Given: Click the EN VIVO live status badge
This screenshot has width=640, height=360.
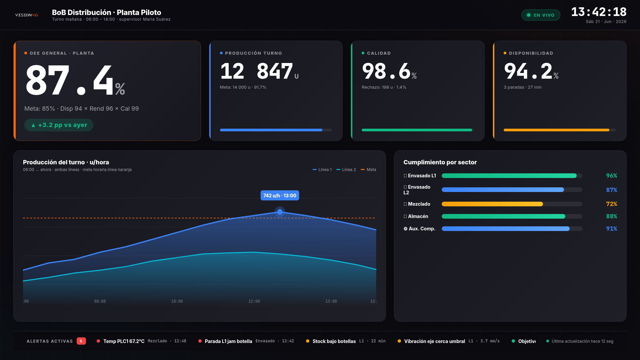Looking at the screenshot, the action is point(541,15).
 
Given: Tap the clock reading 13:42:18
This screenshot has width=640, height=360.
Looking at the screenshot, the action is point(599,12).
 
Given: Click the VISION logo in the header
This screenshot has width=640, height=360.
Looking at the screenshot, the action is point(27,15).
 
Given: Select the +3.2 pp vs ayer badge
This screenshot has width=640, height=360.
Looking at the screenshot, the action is point(59,125).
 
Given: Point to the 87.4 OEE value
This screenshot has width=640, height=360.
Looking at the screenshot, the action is point(75,80).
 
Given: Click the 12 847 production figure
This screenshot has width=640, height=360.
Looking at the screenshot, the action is point(259,71).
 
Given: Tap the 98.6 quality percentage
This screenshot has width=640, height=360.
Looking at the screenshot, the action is point(389,71).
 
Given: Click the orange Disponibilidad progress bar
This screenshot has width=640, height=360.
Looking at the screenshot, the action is point(556,130).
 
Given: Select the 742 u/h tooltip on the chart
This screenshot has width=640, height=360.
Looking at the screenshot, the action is point(280,196).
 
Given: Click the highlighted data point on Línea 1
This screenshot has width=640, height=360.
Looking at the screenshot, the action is point(280,212).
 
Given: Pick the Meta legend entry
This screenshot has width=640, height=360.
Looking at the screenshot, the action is point(368,170).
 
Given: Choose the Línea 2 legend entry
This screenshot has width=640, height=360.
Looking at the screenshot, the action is point(346,170).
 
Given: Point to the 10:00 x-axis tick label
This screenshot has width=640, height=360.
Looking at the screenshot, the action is point(177,301).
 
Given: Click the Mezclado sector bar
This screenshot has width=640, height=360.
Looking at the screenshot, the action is point(492,204).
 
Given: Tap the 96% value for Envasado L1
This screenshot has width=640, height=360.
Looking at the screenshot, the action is point(612,176).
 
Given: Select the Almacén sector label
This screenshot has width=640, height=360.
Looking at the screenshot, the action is point(416,216).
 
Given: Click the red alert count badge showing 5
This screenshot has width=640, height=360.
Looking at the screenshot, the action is point(81,341).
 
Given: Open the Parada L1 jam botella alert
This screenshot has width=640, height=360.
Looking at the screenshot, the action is point(228,341).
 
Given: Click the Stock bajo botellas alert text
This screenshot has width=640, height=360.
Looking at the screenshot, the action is point(334,341).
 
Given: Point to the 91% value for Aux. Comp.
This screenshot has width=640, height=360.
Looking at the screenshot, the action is point(612,229).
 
